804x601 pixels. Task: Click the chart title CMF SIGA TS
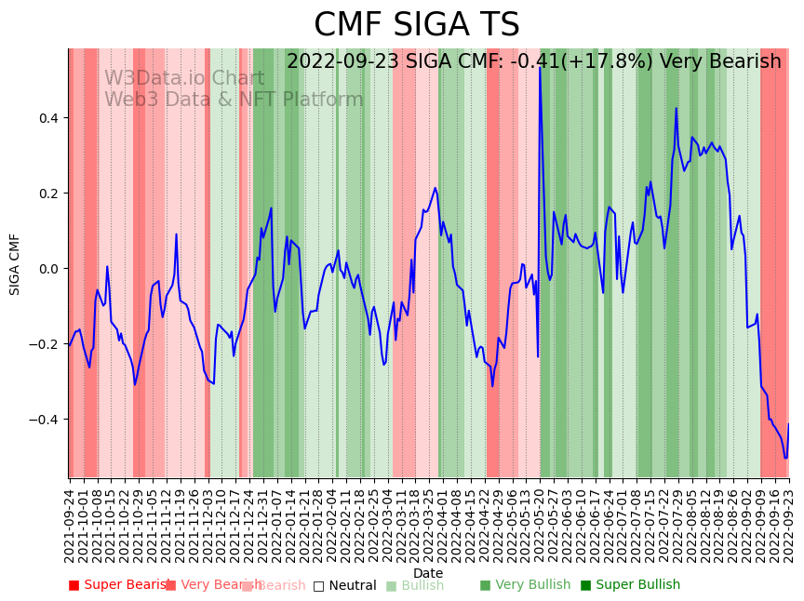coord(416,25)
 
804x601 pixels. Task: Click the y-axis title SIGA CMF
coord(15,264)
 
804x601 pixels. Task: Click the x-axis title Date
coord(428,573)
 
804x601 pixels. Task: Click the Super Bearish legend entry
coord(119,585)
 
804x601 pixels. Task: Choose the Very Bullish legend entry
coord(525,585)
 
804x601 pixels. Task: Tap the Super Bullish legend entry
coord(630,585)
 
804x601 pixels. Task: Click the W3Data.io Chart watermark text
coord(184,79)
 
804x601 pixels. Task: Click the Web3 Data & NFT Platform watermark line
coord(234,100)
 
